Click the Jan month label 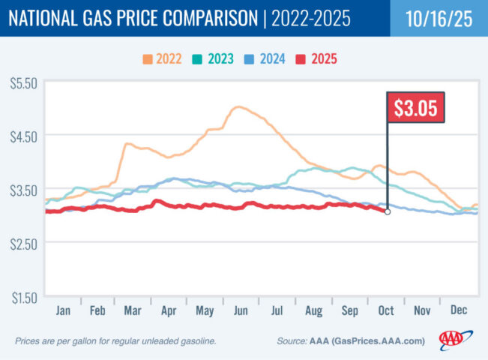pyautogui.click(x=62, y=310)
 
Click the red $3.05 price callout pyautogui.click(x=416, y=107)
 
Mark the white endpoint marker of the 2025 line pyautogui.click(x=388, y=212)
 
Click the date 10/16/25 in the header pyautogui.click(x=439, y=18)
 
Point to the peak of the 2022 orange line pyautogui.click(x=238, y=107)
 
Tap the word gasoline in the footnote pyautogui.click(x=196, y=341)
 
